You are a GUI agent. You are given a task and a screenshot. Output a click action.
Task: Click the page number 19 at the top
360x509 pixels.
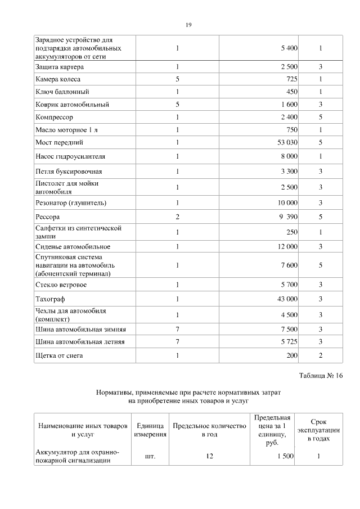point(188,24)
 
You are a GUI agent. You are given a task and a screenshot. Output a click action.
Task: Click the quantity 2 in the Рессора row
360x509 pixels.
point(177,217)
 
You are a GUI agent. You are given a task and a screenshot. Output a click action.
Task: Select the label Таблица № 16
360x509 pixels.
point(321,376)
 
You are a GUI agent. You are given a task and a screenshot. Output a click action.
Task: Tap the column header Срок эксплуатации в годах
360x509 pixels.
point(318,430)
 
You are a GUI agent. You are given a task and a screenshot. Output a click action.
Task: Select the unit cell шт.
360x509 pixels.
point(150,457)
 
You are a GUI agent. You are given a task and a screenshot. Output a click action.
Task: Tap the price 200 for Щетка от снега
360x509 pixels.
point(292,355)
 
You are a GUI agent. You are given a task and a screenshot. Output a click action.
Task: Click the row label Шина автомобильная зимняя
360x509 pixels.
point(80,329)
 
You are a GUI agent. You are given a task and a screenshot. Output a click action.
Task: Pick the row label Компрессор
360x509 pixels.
point(55,118)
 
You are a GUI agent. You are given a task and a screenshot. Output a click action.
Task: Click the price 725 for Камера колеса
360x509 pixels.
point(291,79)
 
